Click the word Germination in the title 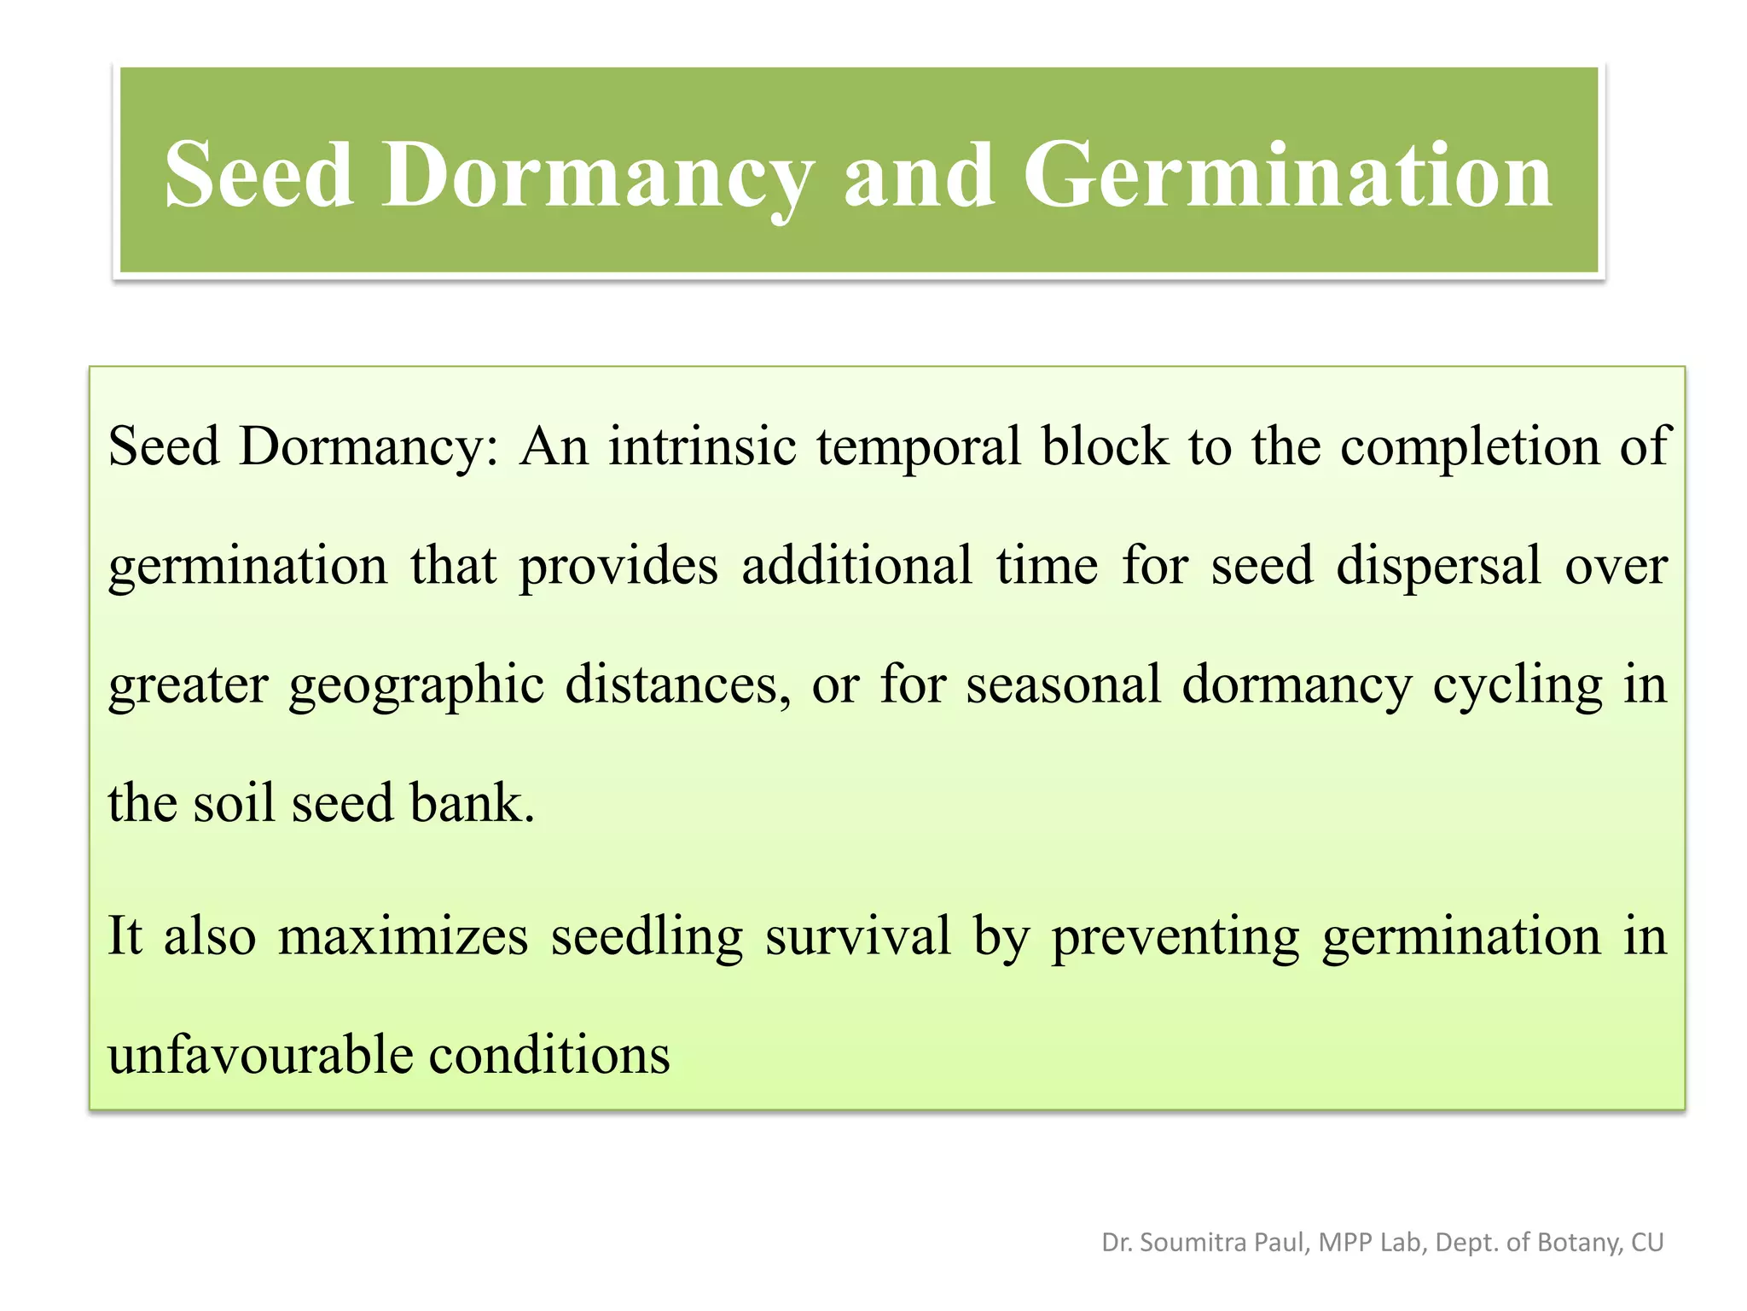[x=1287, y=175]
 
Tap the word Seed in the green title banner [x=258, y=175]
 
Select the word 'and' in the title [x=919, y=175]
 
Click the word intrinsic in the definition [x=702, y=446]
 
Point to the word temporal [x=919, y=448]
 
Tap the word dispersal [x=1438, y=567]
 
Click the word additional [x=856, y=565]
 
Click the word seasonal [x=1063, y=685]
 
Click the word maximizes [x=403, y=936]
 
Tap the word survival [x=857, y=936]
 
